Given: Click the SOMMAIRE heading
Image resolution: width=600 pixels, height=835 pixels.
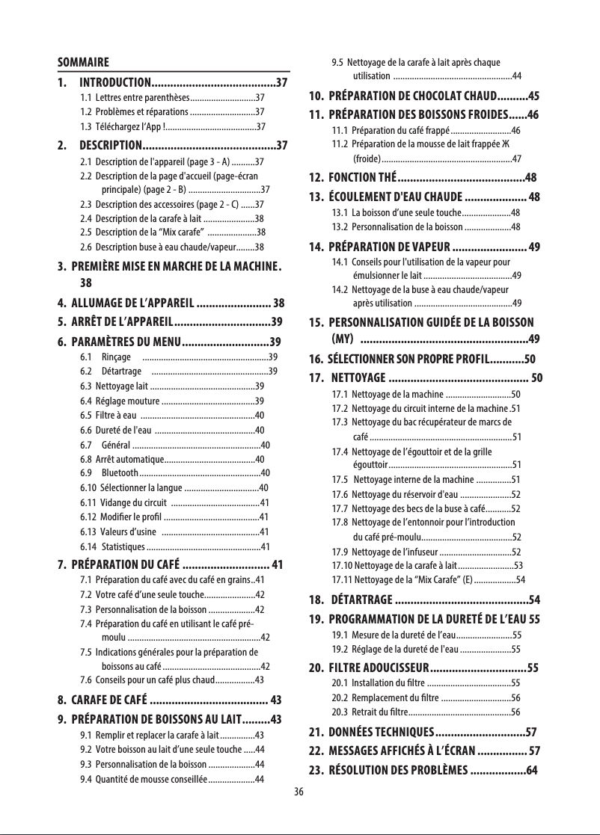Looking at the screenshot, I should (x=84, y=62).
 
